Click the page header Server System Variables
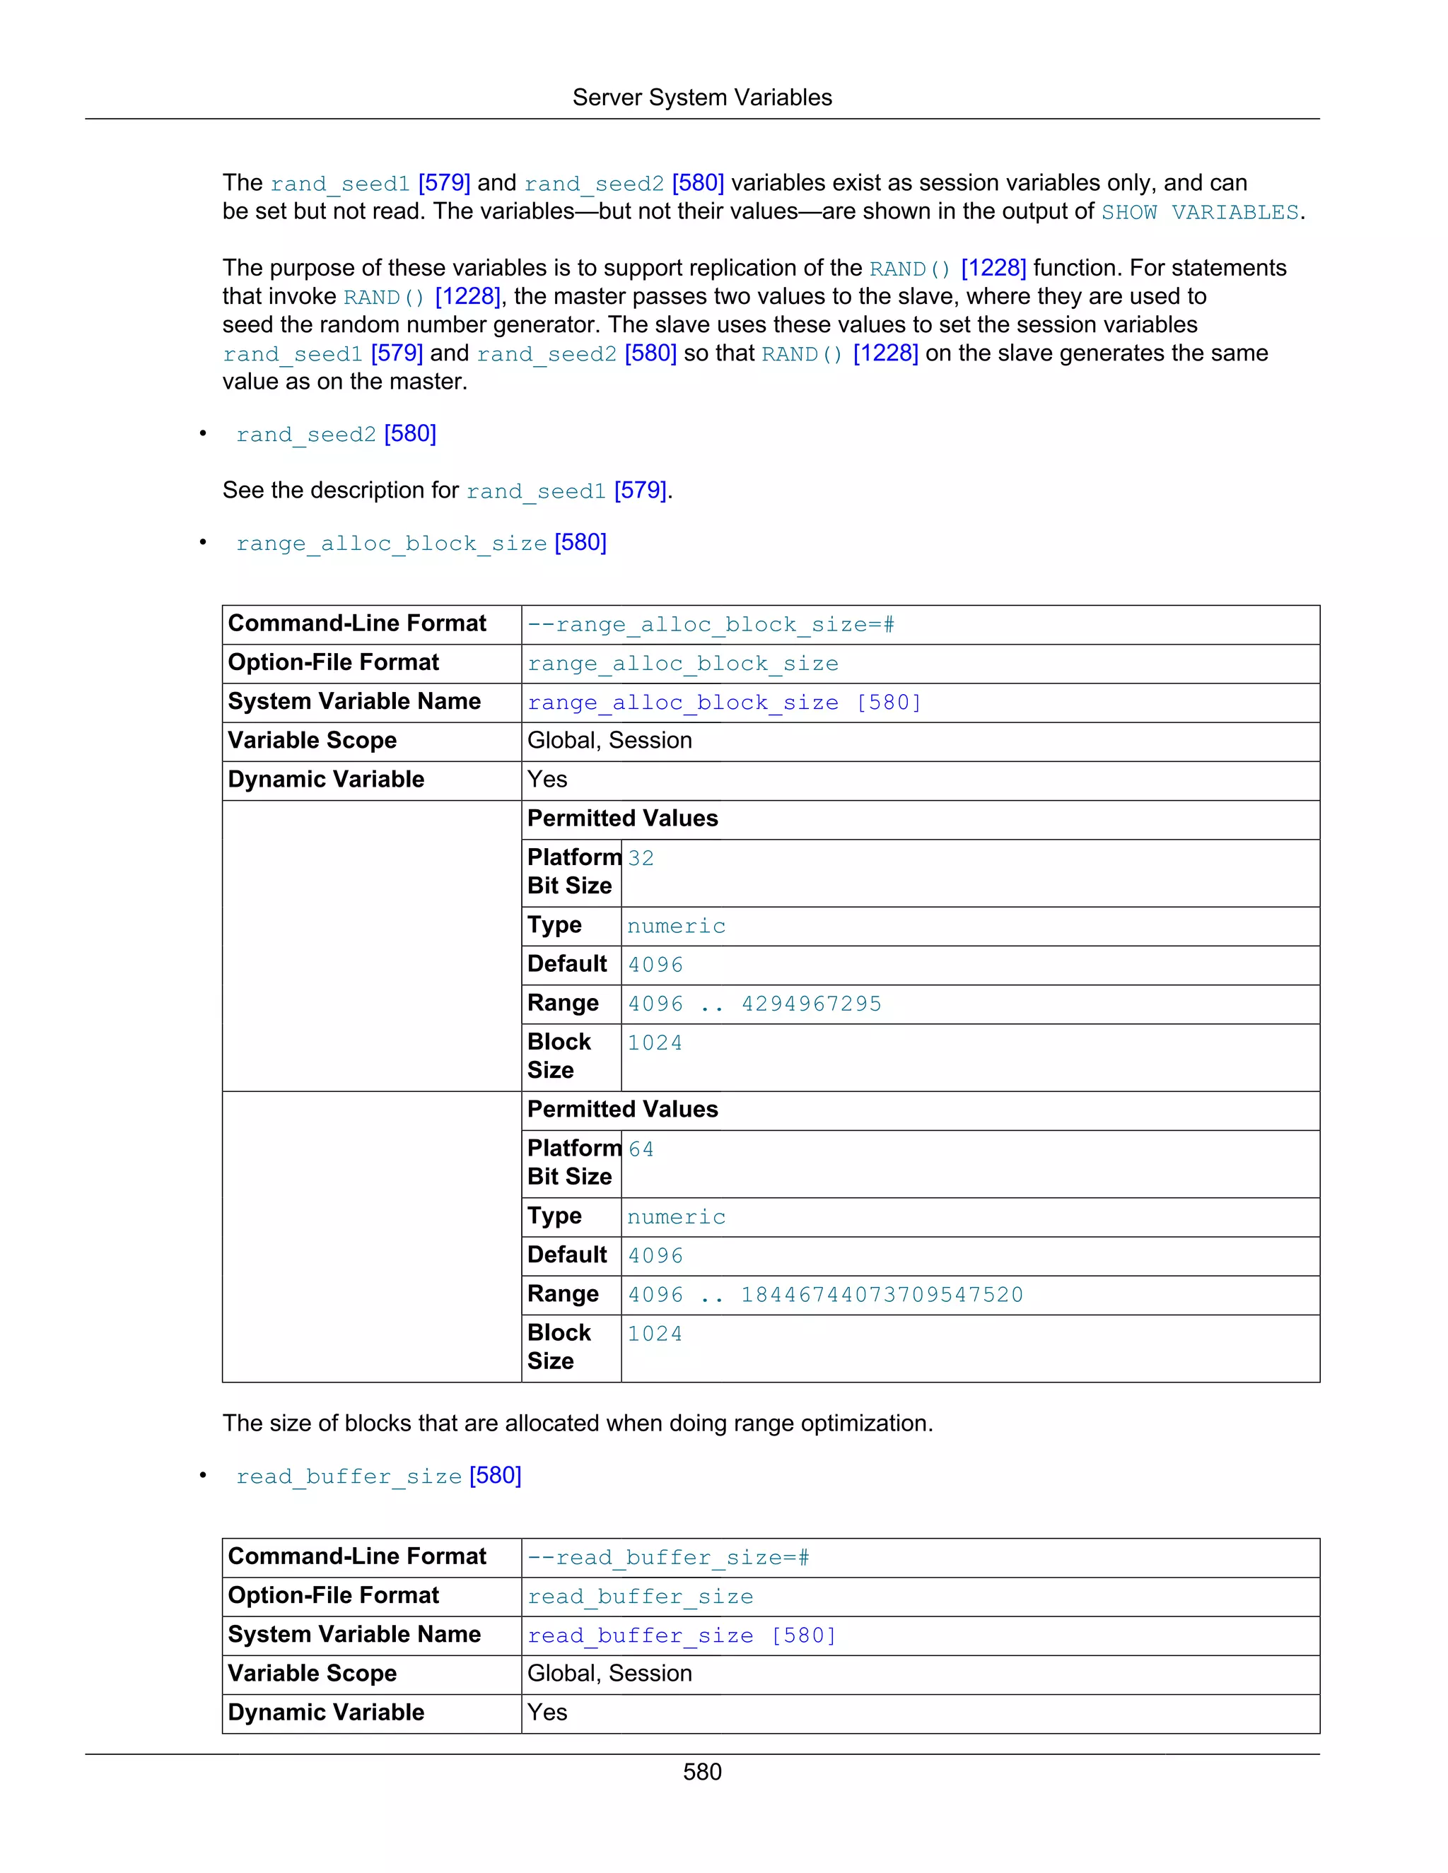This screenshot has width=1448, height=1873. pos(701,98)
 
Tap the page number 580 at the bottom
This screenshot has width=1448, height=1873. pos(701,1772)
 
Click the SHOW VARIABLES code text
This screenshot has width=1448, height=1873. pos(1199,212)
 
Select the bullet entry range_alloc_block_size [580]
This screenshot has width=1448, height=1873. pos(421,543)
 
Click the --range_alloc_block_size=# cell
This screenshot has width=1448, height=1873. pos(711,624)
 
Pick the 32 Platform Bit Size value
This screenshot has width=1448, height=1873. pos(641,859)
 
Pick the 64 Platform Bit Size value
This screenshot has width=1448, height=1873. pos(641,1149)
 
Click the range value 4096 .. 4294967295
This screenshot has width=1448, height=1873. pos(754,1004)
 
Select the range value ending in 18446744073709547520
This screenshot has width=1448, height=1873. pos(825,1295)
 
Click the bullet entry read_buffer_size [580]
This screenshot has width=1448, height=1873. pos(378,1476)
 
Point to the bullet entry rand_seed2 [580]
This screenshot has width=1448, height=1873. pos(335,434)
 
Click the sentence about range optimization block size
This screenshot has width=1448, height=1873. pos(578,1423)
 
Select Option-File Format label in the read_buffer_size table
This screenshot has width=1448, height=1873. pos(333,1596)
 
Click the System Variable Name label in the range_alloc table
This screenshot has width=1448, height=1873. pos(354,702)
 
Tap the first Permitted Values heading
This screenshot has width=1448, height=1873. pos(622,819)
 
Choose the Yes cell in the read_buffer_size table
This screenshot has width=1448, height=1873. pos(547,1713)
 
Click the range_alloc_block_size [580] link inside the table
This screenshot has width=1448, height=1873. pos(724,703)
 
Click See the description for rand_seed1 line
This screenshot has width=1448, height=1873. pos(447,491)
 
